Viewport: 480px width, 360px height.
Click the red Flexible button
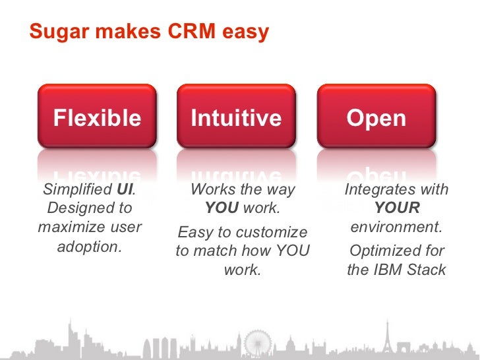click(x=97, y=117)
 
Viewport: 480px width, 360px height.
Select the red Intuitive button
click(x=236, y=117)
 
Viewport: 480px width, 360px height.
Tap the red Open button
click(x=376, y=117)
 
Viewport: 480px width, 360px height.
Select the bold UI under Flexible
click(x=125, y=190)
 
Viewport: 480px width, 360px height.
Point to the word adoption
click(x=90, y=247)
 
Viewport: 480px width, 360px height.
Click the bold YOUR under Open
click(x=396, y=208)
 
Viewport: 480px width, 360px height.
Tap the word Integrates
click(x=378, y=190)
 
